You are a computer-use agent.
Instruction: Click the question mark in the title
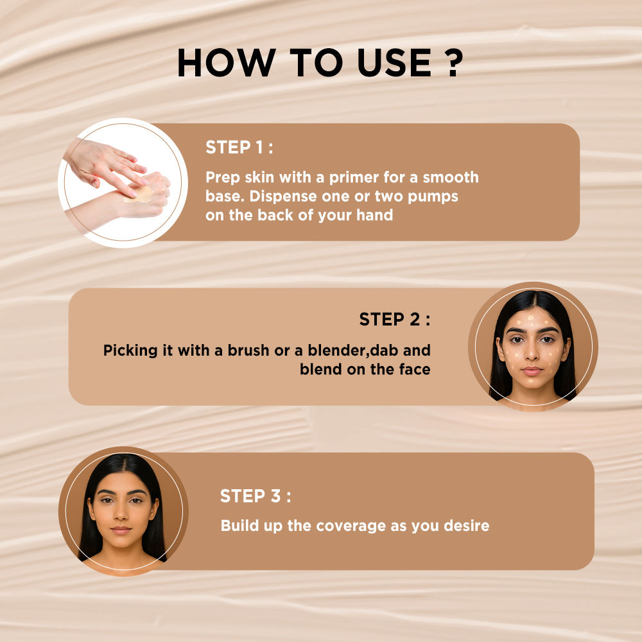coord(454,63)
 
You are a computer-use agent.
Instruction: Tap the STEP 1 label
coord(239,148)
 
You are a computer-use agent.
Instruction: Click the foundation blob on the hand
coord(139,194)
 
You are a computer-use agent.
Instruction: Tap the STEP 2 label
coord(395,319)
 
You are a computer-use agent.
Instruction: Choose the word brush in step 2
coord(248,351)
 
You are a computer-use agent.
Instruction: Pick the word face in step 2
coord(415,369)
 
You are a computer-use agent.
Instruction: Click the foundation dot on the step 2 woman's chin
coord(531,381)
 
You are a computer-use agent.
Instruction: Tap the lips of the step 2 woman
coord(532,371)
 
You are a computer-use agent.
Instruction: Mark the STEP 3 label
coord(256,496)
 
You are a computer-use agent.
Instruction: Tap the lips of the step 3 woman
coord(121,530)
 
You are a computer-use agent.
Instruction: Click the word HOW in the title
coord(227,63)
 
